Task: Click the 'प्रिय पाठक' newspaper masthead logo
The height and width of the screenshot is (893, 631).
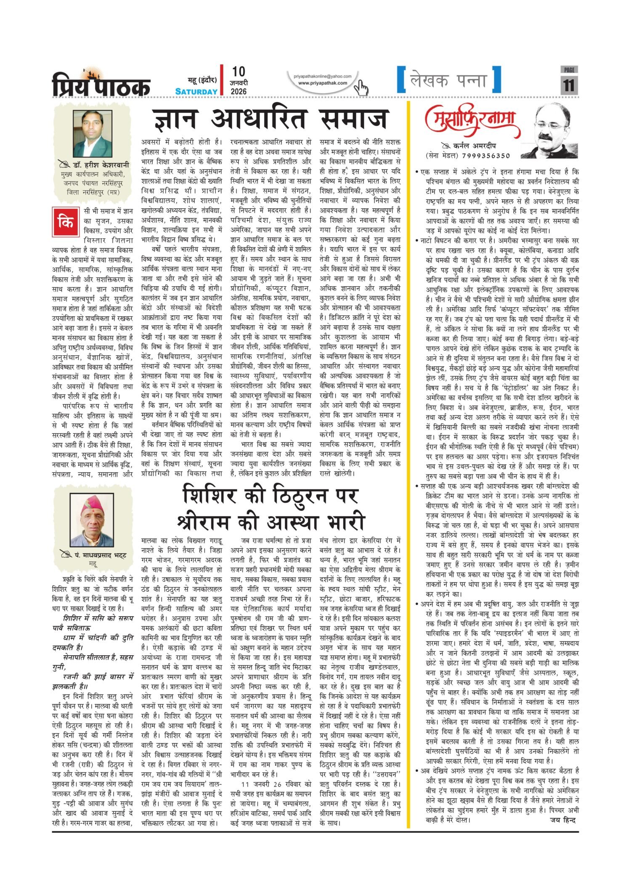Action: coord(101,83)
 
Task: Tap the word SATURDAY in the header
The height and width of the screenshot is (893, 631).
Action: coord(196,91)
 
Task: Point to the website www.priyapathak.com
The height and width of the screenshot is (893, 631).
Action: coord(323,83)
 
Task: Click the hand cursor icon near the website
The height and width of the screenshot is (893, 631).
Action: coord(361,88)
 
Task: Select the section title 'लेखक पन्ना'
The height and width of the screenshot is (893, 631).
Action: coord(448,80)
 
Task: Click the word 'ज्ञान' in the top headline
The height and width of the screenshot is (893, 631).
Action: coord(174,119)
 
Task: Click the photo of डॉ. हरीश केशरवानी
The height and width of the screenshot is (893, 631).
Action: coord(93,133)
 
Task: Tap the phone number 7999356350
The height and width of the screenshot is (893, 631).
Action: coord(485,156)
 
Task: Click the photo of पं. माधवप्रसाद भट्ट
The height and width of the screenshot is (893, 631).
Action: coord(92,520)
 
